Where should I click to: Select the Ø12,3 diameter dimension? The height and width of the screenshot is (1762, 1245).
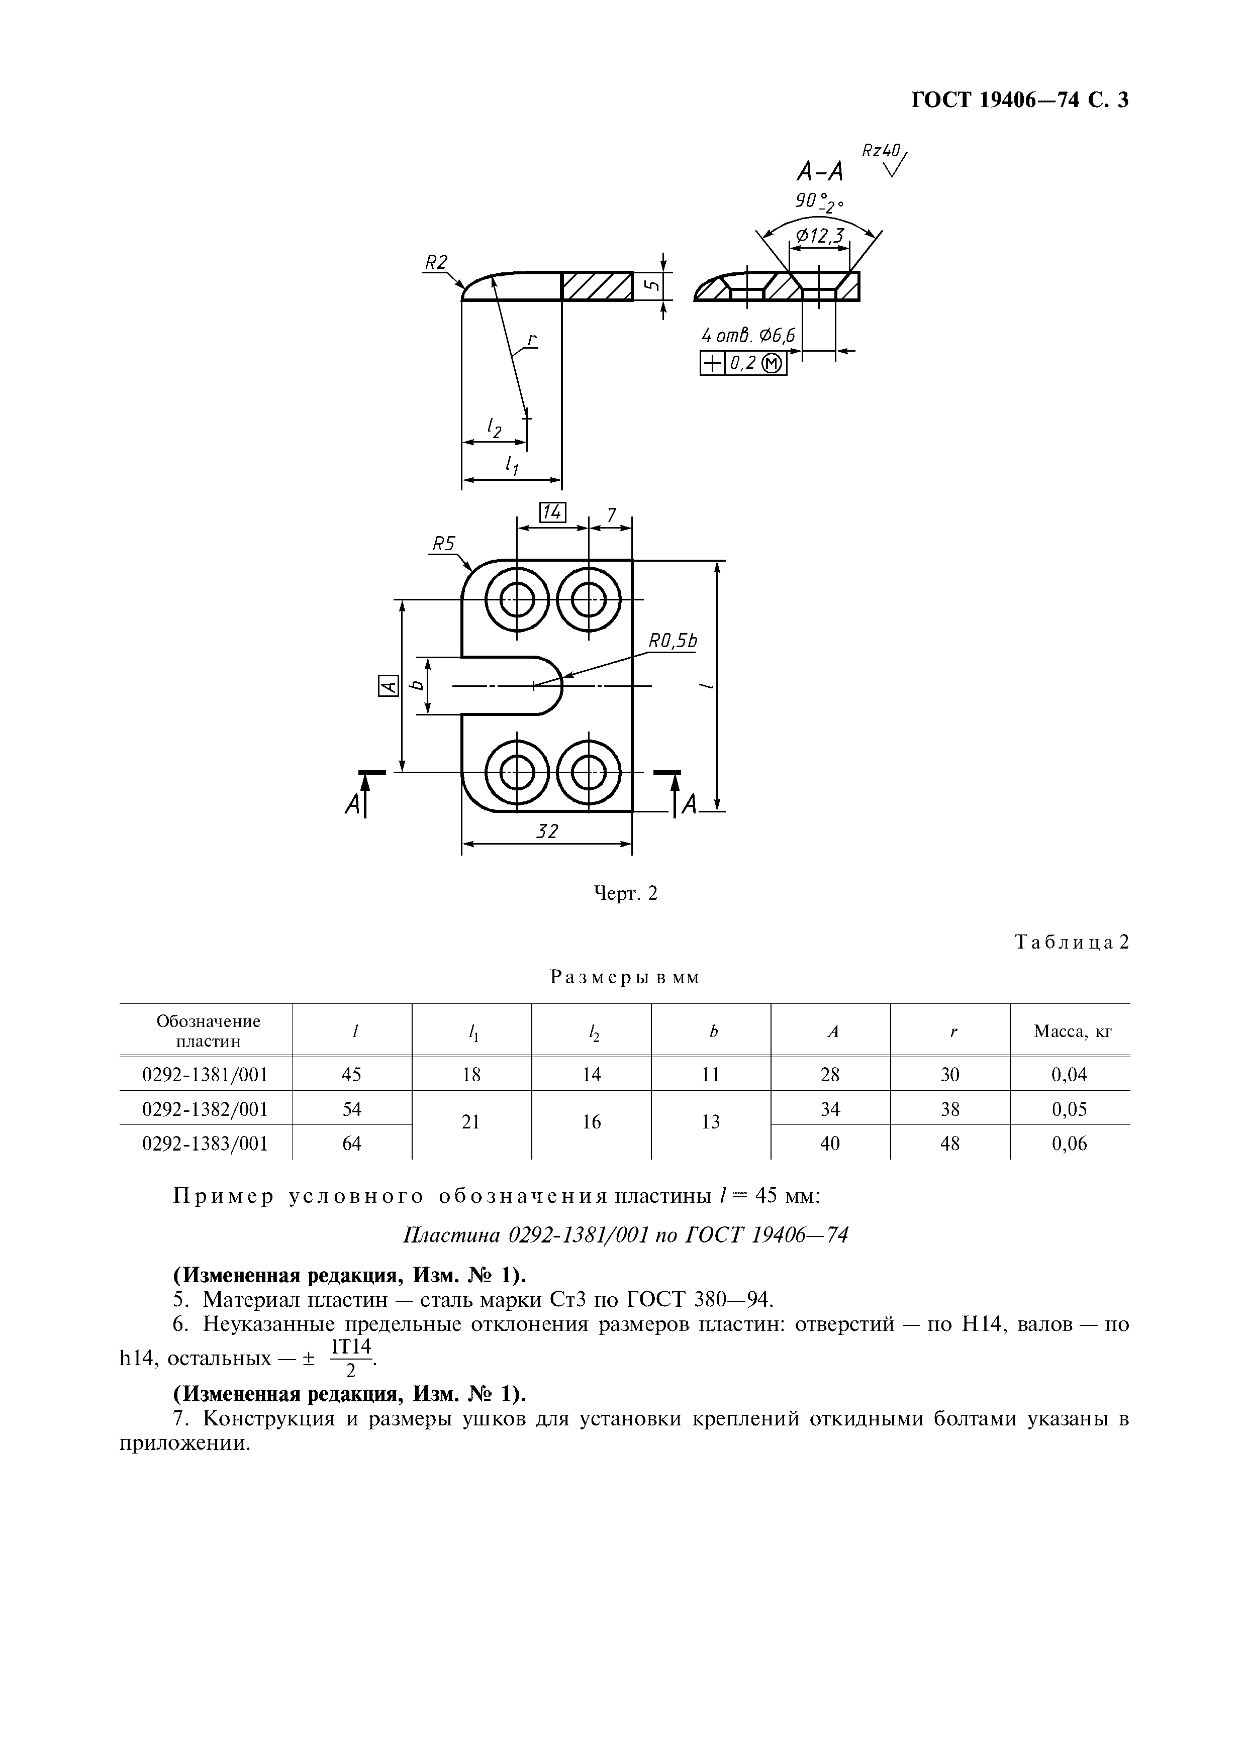coord(820,236)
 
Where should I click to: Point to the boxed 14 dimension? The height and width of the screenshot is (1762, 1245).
coord(553,512)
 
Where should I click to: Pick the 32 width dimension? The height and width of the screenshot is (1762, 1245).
coord(546,831)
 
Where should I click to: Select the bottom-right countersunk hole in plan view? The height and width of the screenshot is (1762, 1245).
coord(589,772)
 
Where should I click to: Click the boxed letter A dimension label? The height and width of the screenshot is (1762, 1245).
coord(389,685)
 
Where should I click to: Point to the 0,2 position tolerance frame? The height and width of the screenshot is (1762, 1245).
coord(744,363)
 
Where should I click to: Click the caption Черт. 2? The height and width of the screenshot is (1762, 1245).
coord(626,893)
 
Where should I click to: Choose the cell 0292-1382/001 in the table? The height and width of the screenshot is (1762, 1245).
coord(206,1109)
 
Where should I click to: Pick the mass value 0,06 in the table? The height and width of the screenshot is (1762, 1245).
coord(1069,1144)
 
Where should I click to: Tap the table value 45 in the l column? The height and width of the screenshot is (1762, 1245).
coord(351,1074)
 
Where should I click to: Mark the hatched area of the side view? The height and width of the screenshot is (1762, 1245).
coord(597,286)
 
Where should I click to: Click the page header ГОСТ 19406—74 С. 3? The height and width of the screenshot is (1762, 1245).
coord(1019,100)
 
